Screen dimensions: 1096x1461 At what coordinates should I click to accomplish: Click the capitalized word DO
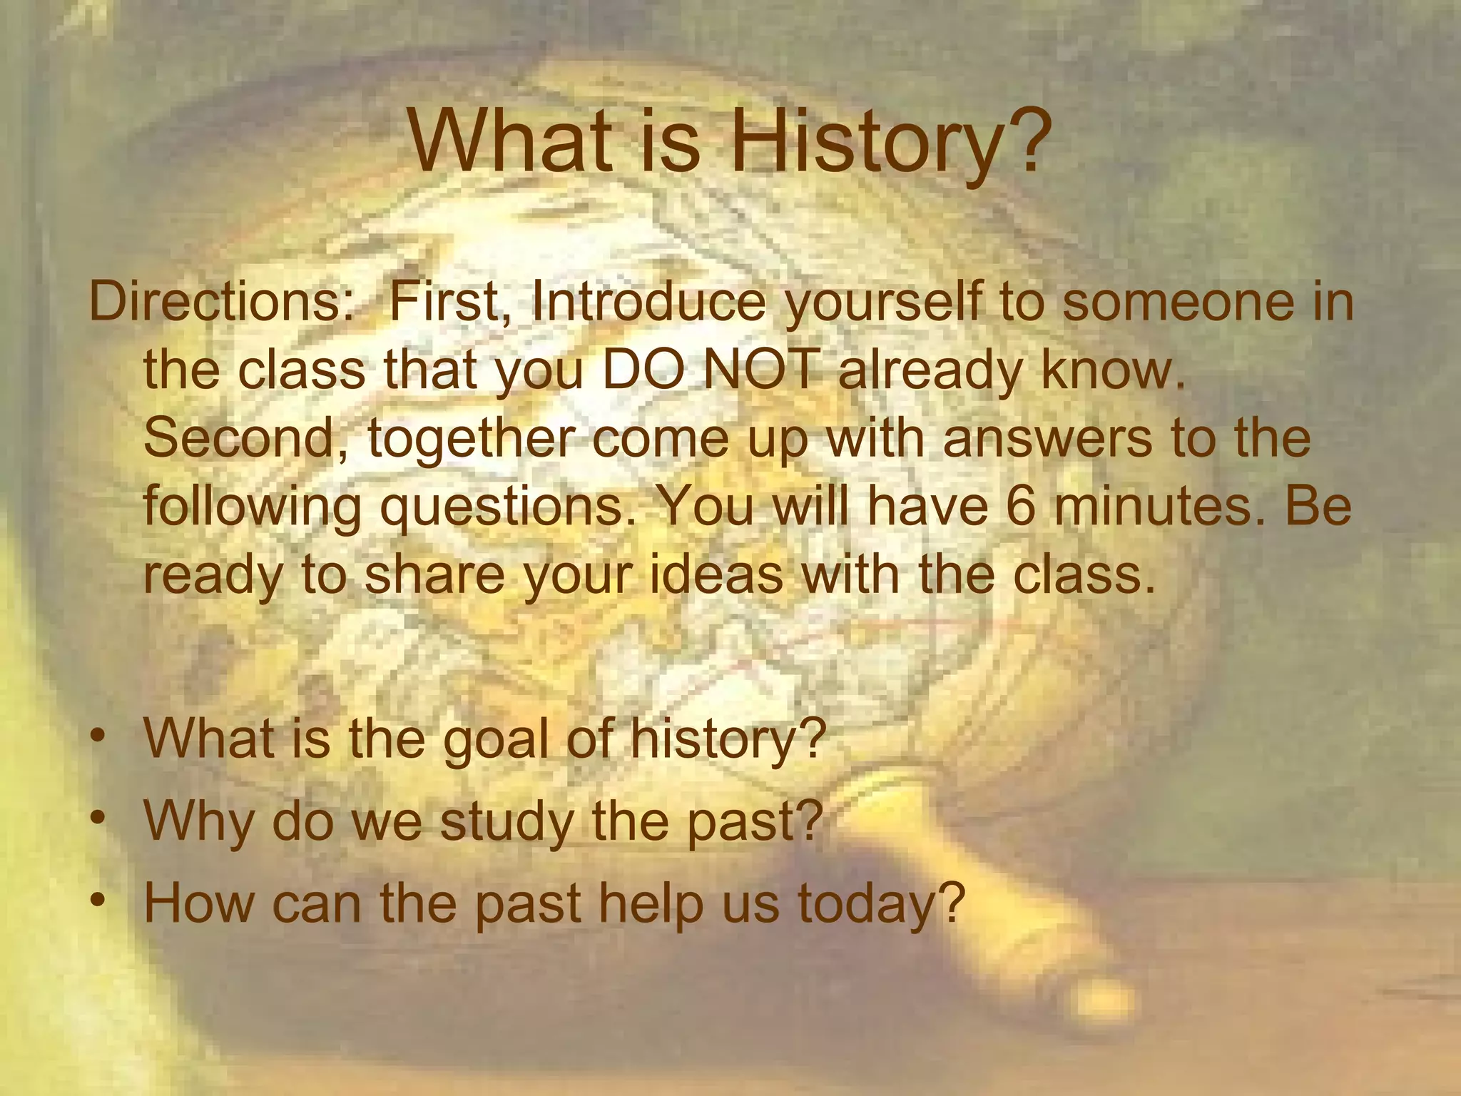tap(645, 371)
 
